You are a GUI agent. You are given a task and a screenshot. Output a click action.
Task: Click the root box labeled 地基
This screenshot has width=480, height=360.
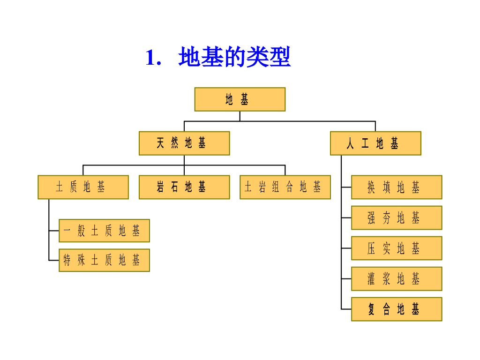240,99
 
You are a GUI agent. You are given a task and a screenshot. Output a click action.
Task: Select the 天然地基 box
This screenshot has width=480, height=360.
184,143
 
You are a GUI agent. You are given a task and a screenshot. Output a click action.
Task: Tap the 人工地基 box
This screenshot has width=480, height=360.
375,143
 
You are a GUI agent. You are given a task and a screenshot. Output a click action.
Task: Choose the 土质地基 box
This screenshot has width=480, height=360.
83,187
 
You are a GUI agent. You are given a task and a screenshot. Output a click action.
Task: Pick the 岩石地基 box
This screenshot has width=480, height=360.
184,187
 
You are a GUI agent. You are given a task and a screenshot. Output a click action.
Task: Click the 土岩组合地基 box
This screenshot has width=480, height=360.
285,187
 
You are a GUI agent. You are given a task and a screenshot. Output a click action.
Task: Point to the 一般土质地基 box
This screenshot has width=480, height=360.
104,231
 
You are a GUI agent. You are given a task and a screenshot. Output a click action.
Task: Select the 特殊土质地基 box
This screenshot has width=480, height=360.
104,260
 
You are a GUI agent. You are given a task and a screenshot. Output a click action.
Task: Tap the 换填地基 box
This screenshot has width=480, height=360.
397,187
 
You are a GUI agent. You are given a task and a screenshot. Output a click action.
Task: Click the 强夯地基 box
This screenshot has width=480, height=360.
397,217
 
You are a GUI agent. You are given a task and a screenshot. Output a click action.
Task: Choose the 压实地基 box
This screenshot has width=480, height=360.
397,248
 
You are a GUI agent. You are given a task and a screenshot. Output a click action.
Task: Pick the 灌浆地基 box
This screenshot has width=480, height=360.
397,278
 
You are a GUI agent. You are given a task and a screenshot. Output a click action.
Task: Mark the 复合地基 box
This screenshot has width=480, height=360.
397,309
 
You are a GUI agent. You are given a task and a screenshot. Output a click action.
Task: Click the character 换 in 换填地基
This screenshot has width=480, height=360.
371,187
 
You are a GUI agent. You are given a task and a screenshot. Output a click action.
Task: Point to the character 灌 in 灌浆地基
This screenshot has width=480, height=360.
371,279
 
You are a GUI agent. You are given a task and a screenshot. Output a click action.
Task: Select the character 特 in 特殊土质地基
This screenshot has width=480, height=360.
67,261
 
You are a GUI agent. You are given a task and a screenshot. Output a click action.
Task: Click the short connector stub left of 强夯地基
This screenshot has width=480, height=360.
346,217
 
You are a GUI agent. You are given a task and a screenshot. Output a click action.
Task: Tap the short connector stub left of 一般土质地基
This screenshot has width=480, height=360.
54,231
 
